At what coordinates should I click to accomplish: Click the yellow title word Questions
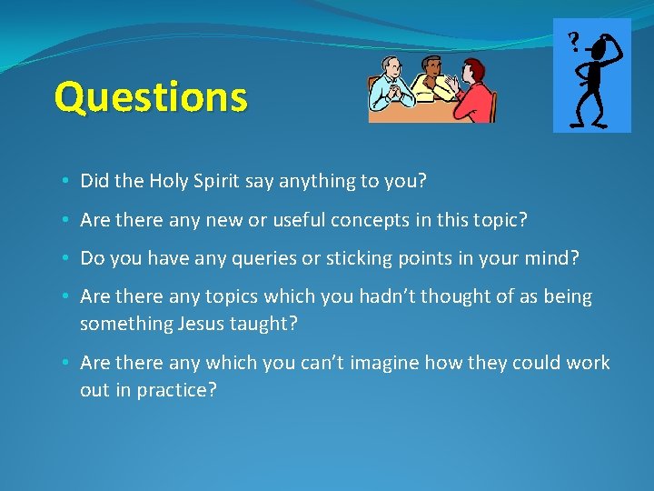pos(150,96)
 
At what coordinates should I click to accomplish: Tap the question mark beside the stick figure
pos(573,41)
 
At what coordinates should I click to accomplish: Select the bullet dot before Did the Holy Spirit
pos(69,182)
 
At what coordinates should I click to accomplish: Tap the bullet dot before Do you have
pos(69,259)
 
